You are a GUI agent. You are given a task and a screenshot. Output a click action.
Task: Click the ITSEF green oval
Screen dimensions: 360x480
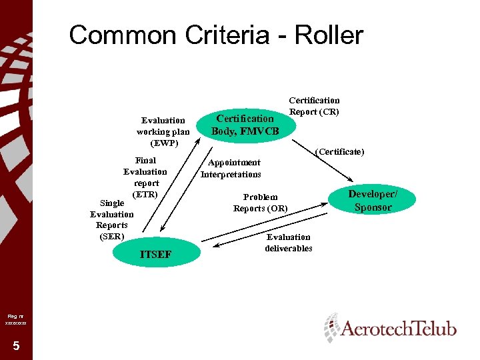[x=156, y=253]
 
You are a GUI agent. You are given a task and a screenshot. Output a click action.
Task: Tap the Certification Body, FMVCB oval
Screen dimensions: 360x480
[x=245, y=125]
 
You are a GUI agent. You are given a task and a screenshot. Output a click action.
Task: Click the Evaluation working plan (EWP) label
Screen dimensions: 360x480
[x=163, y=131]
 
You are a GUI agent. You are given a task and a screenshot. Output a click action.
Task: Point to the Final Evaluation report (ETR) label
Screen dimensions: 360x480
[x=145, y=177]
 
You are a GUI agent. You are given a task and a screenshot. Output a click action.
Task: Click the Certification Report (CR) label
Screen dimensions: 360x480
[x=314, y=106]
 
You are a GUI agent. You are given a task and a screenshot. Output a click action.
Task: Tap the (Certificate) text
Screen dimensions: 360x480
[x=340, y=152]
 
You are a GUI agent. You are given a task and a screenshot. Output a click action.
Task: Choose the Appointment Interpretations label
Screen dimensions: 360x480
[x=231, y=169]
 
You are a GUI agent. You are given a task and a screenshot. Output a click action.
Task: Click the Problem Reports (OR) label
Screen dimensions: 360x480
[x=261, y=203]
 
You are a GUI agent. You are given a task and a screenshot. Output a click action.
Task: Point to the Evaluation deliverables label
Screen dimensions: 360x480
[x=289, y=242]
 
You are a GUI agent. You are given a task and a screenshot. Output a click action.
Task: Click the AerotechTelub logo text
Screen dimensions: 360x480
[x=399, y=329]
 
